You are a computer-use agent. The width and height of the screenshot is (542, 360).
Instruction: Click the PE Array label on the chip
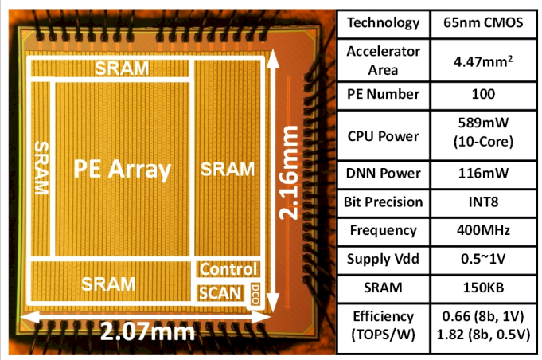pyautogui.click(x=123, y=170)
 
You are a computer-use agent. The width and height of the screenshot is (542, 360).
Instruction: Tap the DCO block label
pyautogui.click(x=255, y=295)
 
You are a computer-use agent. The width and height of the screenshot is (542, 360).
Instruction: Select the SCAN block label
pyautogui.click(x=220, y=293)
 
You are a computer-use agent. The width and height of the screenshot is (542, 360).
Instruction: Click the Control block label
pyautogui.click(x=228, y=269)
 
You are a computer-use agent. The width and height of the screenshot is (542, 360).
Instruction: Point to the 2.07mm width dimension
pyautogui.click(x=147, y=332)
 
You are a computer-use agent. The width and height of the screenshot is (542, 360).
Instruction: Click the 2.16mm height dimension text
pyautogui.click(x=288, y=173)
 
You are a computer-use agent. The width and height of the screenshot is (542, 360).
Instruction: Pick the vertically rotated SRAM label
pyautogui.click(x=42, y=168)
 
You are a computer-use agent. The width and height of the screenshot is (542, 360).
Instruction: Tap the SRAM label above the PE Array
pyautogui.click(x=122, y=68)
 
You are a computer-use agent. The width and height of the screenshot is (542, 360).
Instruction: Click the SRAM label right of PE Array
pyautogui.click(x=228, y=170)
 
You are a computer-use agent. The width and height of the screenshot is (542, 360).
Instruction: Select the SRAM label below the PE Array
pyautogui.click(x=108, y=284)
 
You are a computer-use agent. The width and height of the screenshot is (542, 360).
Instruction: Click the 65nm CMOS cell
pyautogui.click(x=483, y=23)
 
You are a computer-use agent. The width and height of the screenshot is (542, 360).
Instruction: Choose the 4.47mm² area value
pyautogui.click(x=483, y=61)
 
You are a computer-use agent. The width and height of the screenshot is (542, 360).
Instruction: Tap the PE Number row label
pyautogui.click(x=384, y=94)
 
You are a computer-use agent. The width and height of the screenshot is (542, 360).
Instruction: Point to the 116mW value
pyautogui.click(x=483, y=173)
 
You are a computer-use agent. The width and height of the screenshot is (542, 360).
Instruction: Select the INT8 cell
pyautogui.click(x=483, y=202)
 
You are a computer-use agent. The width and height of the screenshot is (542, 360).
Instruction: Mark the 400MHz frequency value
pyautogui.click(x=483, y=230)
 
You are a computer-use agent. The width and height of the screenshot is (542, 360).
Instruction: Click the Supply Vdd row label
pyautogui.click(x=384, y=259)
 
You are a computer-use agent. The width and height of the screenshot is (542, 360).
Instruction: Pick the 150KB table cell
pyautogui.click(x=483, y=288)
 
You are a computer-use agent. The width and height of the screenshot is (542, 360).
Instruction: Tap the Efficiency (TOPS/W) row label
pyautogui.click(x=384, y=326)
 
